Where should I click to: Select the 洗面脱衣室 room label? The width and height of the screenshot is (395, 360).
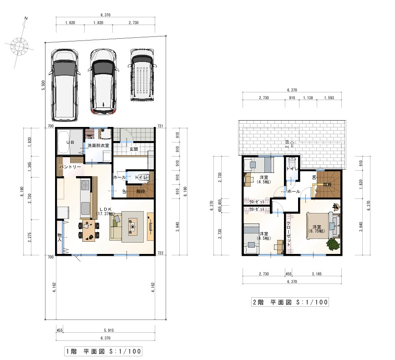pyautogui.click(x=98, y=145)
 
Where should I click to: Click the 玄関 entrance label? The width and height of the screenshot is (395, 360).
pyautogui.click(x=133, y=149)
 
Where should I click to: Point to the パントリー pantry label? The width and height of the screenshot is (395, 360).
pyautogui.click(x=70, y=167)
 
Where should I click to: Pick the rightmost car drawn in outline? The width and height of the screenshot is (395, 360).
pyautogui.click(x=143, y=76)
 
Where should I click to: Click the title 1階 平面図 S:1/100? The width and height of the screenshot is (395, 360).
pyautogui.click(x=104, y=351)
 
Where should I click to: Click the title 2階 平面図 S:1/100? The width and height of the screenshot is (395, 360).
pyautogui.click(x=290, y=302)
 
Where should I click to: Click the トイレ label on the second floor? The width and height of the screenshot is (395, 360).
pyautogui.click(x=292, y=169)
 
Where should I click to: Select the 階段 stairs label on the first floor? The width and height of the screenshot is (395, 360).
pyautogui.click(x=140, y=192)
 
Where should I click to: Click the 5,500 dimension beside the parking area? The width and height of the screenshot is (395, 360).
pyautogui.click(x=43, y=86)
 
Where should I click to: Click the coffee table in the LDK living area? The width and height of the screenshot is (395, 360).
pyautogui.click(x=133, y=226)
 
